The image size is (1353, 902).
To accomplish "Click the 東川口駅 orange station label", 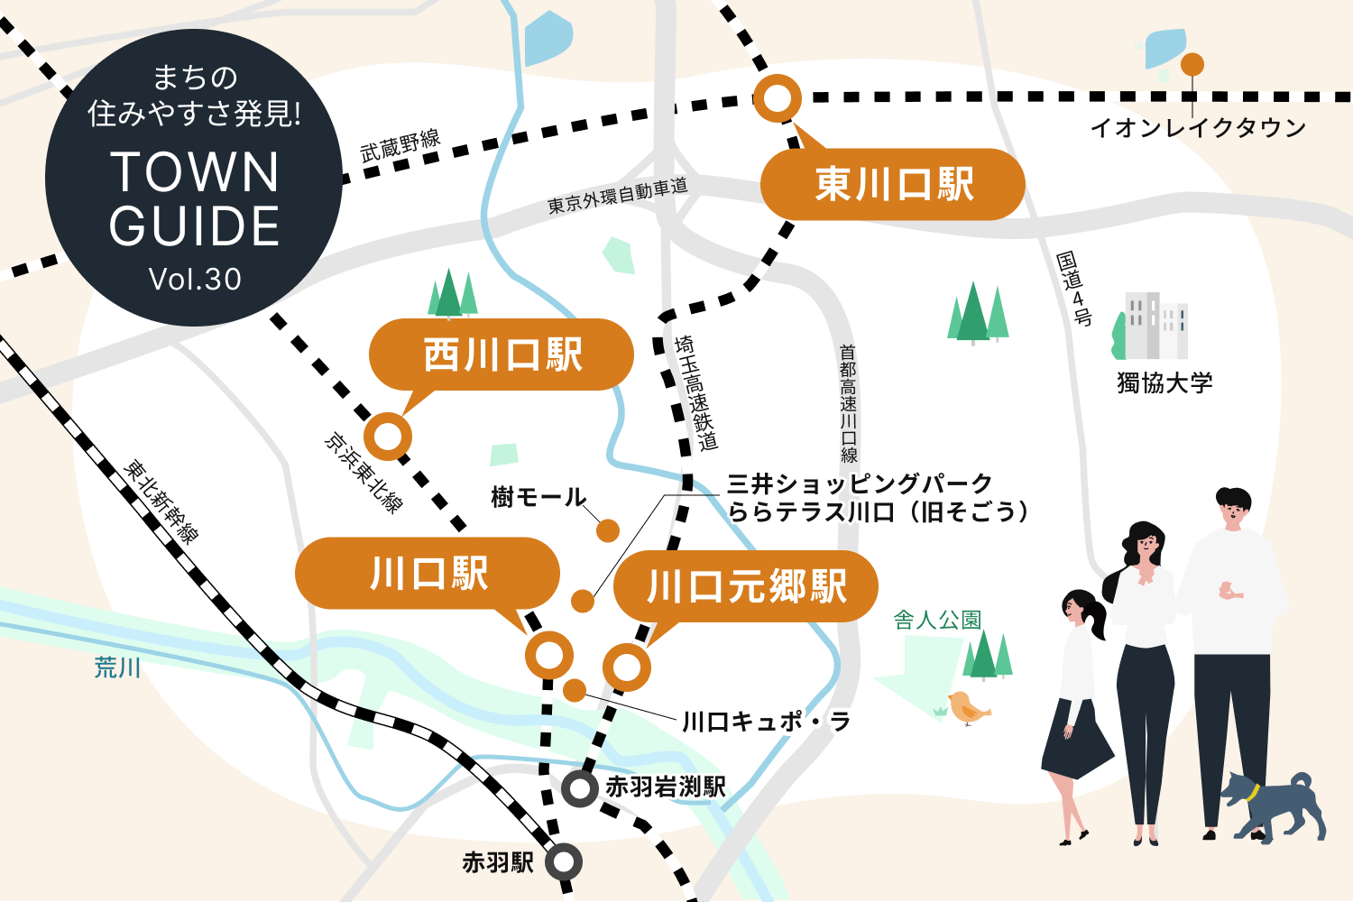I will tap(893, 184).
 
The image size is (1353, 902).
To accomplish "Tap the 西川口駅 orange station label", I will tap(502, 354).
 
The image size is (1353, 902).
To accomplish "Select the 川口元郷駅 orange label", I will tap(746, 586).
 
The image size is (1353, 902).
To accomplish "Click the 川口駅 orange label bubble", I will tap(428, 574).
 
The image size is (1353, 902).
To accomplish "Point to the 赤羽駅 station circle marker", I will tap(565, 862).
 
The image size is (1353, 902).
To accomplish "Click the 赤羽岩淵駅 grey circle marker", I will tap(579, 788).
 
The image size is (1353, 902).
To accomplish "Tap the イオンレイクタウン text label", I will tap(1198, 128).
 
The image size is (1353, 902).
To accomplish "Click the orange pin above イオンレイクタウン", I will tap(1192, 65).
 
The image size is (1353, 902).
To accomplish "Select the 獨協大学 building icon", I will tap(1155, 325).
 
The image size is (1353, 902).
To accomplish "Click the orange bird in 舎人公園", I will tap(967, 709).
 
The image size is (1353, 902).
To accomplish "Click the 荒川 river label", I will tap(117, 667).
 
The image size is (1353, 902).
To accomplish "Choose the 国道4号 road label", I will tap(1074, 289).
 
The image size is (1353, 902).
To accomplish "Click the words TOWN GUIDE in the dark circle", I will tap(194, 198).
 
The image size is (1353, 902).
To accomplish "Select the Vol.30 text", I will tap(195, 280).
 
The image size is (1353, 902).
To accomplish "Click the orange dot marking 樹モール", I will tap(608, 530).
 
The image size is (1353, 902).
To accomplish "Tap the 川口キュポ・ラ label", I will tap(765, 722).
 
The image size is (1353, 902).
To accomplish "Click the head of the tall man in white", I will tap(1232, 507).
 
